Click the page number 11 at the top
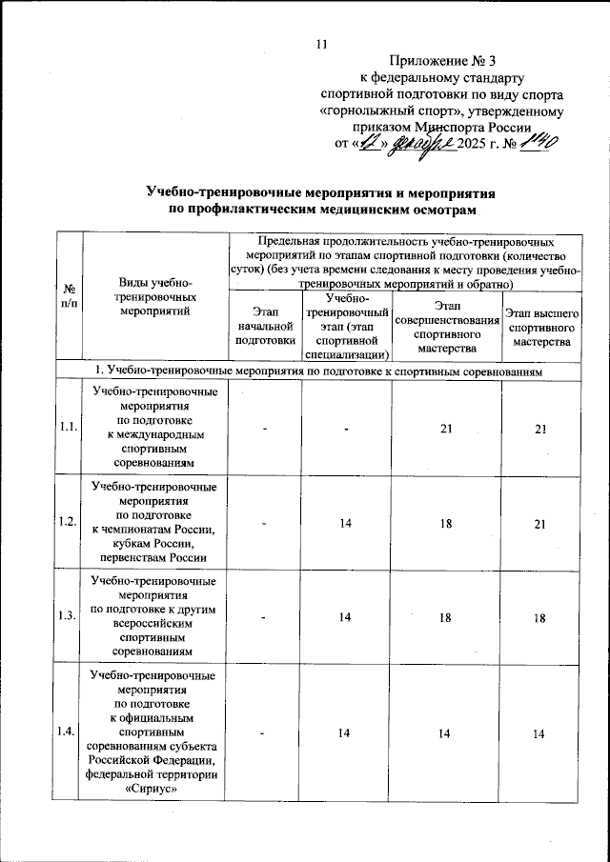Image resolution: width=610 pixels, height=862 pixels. click(320, 43)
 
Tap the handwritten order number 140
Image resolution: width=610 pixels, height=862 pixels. click(539, 143)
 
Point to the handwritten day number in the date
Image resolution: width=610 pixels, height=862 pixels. click(367, 144)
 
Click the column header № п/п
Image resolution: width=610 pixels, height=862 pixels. click(70, 294)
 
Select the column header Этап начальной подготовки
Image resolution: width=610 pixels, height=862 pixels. click(268, 325)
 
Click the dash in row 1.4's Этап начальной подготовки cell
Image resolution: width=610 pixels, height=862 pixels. click(268, 733)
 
